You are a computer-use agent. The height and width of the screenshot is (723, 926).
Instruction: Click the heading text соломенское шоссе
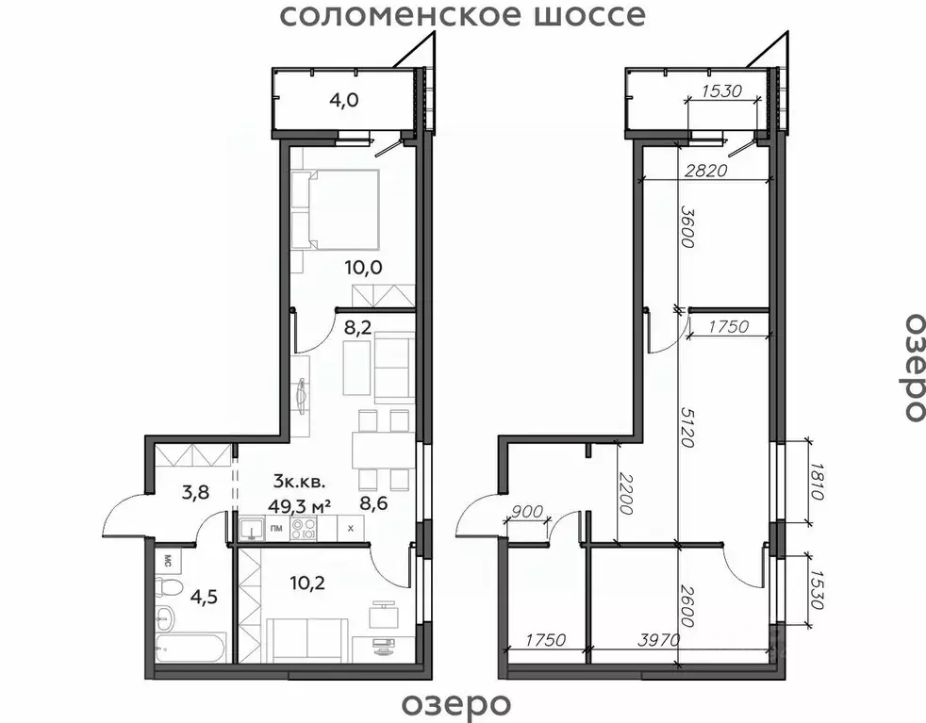(x=464, y=15)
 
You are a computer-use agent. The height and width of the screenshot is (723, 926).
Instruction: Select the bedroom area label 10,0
(x=363, y=268)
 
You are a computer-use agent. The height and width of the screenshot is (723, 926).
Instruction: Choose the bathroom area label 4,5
(x=206, y=597)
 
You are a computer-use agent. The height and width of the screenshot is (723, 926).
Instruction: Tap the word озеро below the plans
(x=456, y=703)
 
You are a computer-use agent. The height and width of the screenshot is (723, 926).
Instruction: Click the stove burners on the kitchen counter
(x=304, y=527)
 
